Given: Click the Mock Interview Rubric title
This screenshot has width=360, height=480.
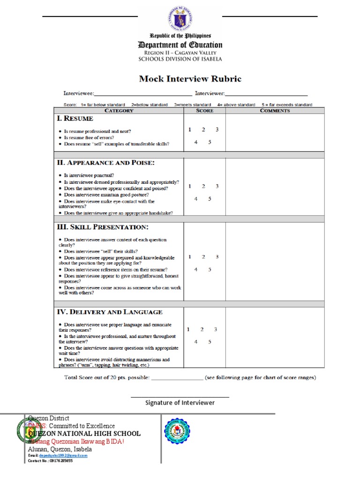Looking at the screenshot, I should tap(190, 79).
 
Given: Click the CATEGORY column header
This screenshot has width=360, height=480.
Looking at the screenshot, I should tap(119, 111).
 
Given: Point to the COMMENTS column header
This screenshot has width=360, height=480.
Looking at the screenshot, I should tap(275, 111).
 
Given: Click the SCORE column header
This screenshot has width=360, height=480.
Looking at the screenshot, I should tap(204, 111).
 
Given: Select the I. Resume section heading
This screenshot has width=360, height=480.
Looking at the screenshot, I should tap(75, 119).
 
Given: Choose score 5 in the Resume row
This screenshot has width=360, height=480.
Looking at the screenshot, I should tap(210, 142).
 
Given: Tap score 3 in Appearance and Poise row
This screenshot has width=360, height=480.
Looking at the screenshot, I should tap(217, 186).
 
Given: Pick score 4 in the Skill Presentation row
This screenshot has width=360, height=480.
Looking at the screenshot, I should tap(196, 269).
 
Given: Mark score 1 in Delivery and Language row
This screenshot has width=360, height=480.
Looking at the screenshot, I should tap(188, 330).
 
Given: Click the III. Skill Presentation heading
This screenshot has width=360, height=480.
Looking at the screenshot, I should tap(102, 227).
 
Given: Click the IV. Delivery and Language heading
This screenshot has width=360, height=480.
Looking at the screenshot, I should tap(110, 312).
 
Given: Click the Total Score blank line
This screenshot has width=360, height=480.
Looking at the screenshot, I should tap(177, 378).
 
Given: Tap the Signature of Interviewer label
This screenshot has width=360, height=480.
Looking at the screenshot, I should tap(180, 403).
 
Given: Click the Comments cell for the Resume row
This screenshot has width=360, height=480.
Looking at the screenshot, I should tap(275, 133).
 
